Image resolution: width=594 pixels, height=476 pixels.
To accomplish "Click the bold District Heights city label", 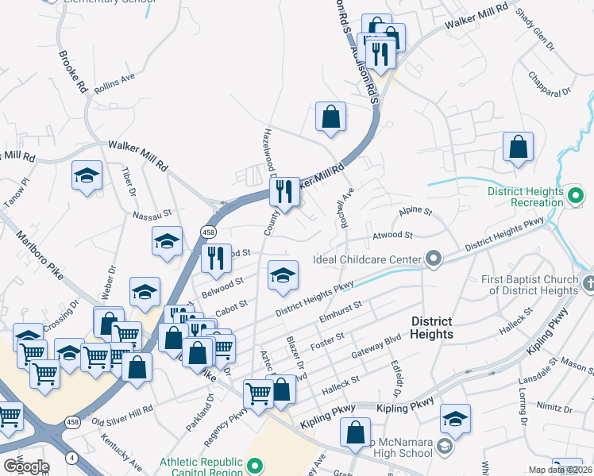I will [x=431, y=328].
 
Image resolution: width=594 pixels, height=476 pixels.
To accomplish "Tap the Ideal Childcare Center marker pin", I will [x=434, y=259].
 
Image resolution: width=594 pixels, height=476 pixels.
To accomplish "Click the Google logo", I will [x=26, y=466].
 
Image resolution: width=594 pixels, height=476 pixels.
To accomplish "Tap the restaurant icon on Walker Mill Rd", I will [x=283, y=191].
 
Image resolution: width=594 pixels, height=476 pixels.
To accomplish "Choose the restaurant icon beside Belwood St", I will [x=214, y=258].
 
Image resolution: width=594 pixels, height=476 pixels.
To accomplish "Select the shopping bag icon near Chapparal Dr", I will [x=518, y=147].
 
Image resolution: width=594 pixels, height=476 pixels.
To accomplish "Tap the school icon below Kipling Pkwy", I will [x=455, y=418].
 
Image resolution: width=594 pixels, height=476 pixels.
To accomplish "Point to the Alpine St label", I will [x=415, y=212].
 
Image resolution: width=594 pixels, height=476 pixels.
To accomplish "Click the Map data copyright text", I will [x=559, y=470].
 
